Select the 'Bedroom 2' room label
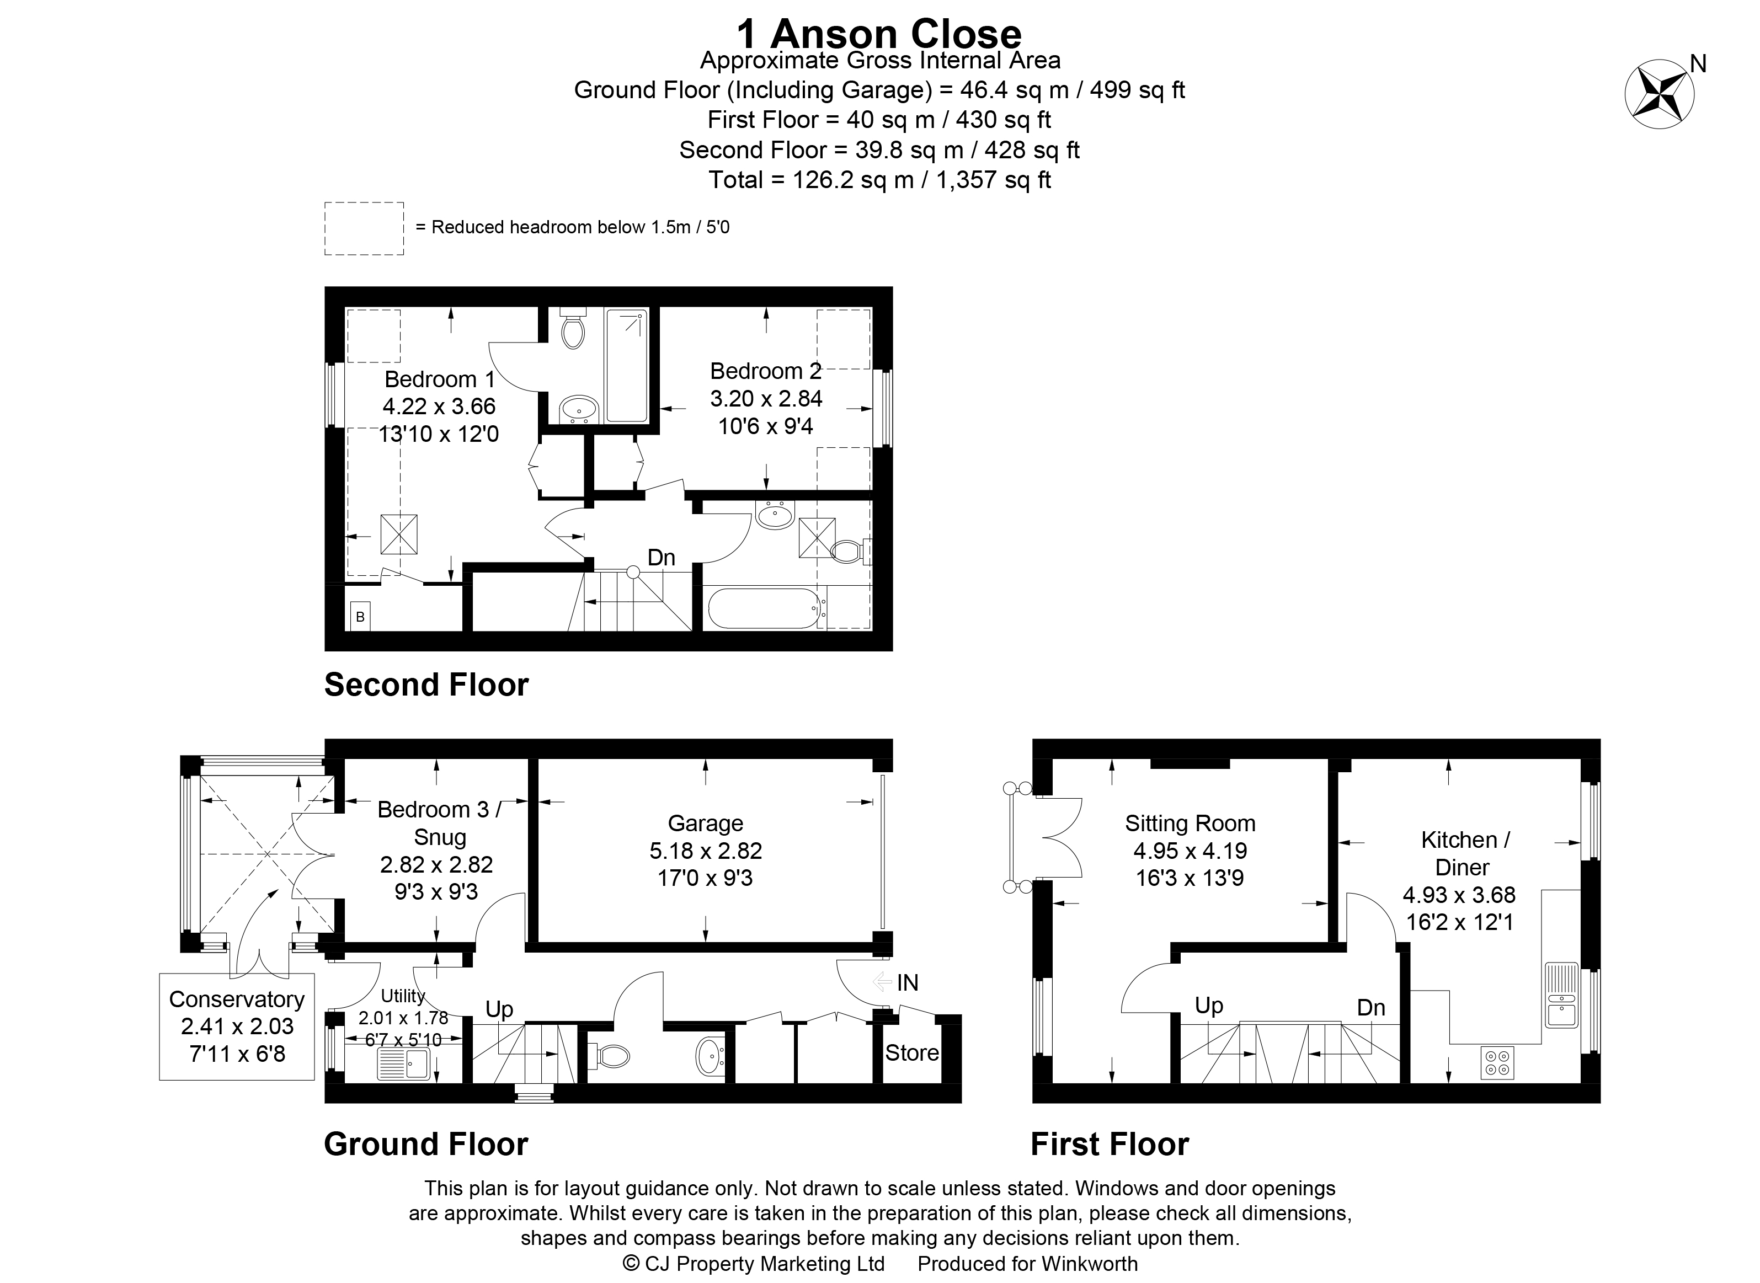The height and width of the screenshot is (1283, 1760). click(x=766, y=371)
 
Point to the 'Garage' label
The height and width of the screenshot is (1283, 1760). click(x=705, y=823)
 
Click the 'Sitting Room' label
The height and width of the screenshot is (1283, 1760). click(x=1190, y=823)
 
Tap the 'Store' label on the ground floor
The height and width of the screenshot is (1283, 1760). click(x=912, y=1052)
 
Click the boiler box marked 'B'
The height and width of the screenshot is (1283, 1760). click(x=360, y=617)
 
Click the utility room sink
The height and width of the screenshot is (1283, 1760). click(x=403, y=1063)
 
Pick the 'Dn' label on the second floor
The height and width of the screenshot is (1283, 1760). click(x=661, y=557)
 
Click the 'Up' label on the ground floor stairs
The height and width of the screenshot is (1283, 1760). click(x=499, y=1009)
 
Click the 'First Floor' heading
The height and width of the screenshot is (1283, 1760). click(x=1109, y=1144)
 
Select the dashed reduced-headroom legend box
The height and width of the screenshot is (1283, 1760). click(x=364, y=228)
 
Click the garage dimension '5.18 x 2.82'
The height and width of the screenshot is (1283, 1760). click(x=705, y=851)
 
